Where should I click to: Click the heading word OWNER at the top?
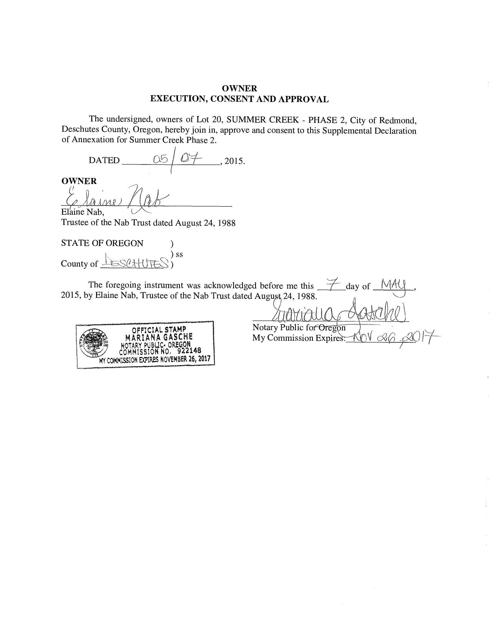239,89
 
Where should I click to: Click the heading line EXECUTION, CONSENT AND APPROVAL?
239,99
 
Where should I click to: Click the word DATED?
104,161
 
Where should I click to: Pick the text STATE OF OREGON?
102,243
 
